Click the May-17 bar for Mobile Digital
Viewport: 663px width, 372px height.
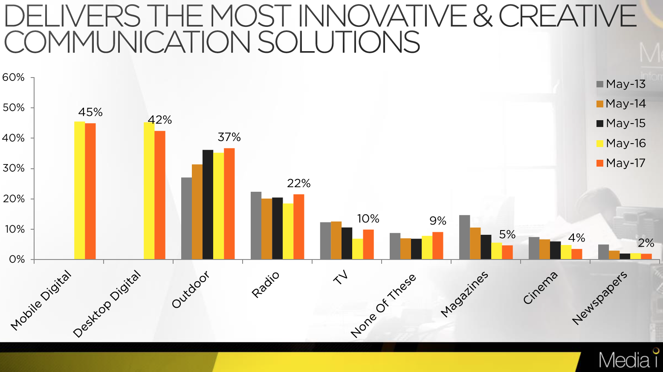click(x=90, y=191)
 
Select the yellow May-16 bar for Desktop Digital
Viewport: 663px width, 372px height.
click(x=149, y=191)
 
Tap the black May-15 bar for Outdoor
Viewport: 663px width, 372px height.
click(x=208, y=205)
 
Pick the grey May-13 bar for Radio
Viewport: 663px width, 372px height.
click(x=256, y=225)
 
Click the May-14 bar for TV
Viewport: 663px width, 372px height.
click(x=336, y=240)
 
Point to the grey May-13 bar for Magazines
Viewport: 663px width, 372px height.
click(x=464, y=237)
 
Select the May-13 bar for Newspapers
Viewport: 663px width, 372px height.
click(x=603, y=252)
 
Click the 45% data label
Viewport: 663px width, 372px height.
click(x=90, y=112)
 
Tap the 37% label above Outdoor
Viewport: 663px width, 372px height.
click(x=229, y=137)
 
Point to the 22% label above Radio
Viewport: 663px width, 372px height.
click(x=299, y=183)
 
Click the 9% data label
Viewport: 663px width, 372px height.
click(x=438, y=221)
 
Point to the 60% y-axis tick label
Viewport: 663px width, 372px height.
click(x=14, y=78)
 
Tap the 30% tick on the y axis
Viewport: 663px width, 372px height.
click(x=14, y=168)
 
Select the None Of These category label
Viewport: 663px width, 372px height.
click(x=383, y=305)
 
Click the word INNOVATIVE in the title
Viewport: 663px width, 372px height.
click(x=382, y=16)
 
